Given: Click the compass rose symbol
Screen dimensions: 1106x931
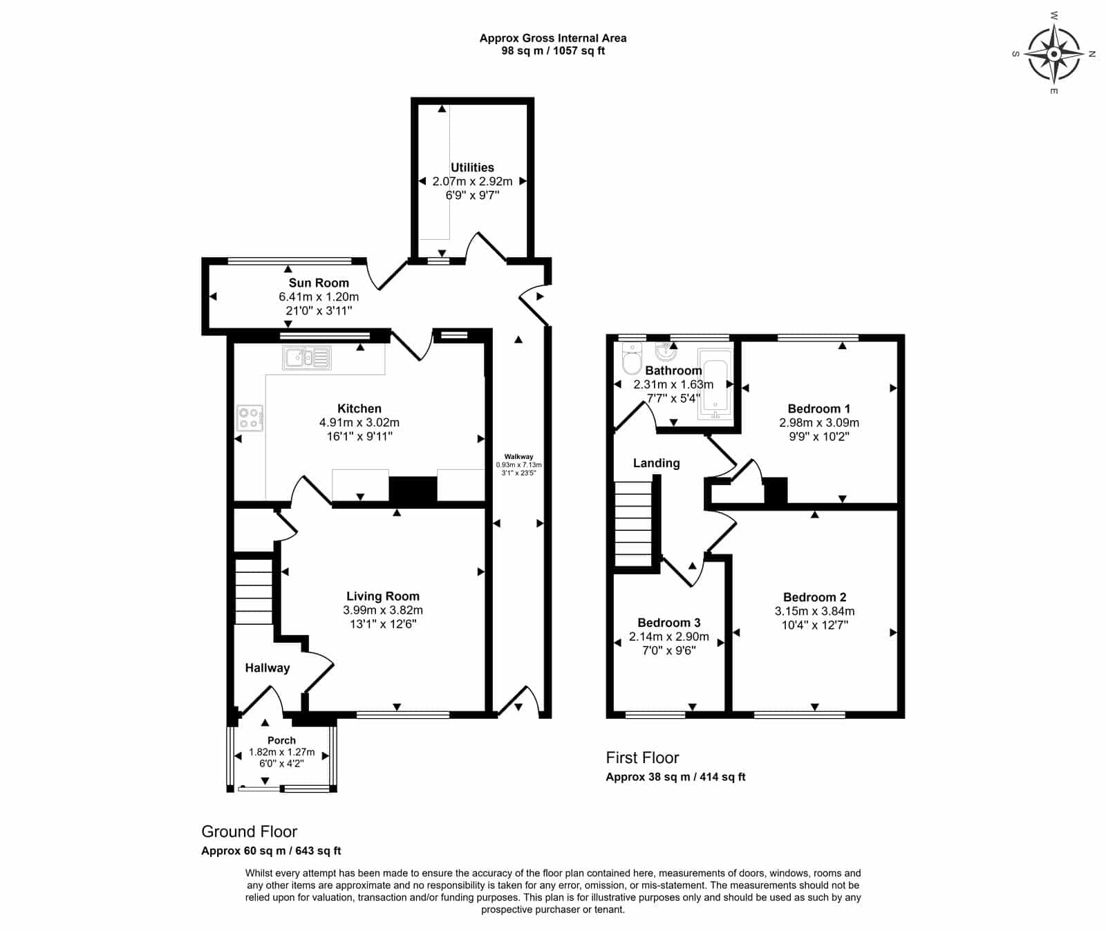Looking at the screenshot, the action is (x=1053, y=53).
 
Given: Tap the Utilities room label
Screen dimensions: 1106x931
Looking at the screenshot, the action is (x=472, y=167).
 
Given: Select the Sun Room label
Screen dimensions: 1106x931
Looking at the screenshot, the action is (x=319, y=283).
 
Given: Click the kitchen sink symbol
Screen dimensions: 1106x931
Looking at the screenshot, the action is (x=307, y=357).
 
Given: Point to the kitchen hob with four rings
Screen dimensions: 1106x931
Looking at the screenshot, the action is (x=250, y=418).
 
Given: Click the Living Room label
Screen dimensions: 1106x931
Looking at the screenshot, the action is (x=383, y=596).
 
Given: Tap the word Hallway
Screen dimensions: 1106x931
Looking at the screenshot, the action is (x=268, y=668).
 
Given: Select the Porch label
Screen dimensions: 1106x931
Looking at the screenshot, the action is (x=281, y=740).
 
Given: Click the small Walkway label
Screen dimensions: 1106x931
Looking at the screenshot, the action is (x=518, y=457).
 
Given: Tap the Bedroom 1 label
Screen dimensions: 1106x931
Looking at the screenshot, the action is (x=819, y=408).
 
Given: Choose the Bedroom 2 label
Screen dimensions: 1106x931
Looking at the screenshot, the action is (x=814, y=597).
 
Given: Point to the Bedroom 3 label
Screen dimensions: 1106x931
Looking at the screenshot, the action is (x=669, y=623).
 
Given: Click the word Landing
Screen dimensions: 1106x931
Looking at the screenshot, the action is (x=657, y=463).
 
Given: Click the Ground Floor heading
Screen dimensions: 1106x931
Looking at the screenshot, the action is (x=249, y=831).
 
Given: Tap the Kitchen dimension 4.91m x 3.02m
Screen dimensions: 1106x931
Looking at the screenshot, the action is (x=359, y=422).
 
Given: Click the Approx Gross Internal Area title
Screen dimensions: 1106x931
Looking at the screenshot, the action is (x=553, y=38).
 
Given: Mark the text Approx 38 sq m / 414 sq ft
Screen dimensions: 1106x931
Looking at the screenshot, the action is (x=675, y=776).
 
